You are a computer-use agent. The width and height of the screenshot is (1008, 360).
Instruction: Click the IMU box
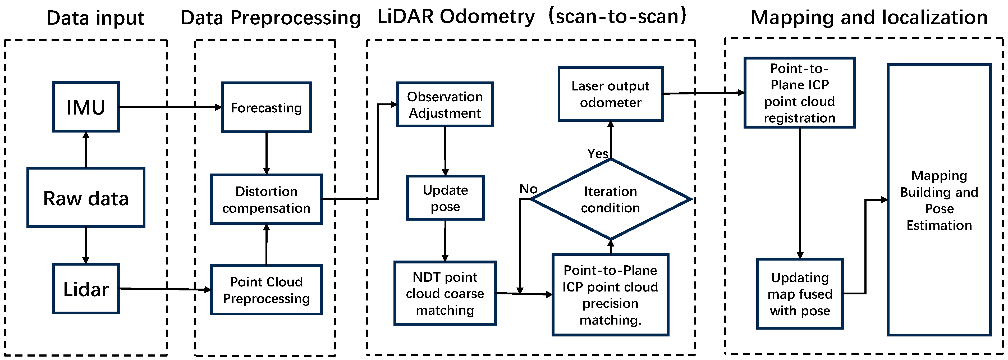[86, 107]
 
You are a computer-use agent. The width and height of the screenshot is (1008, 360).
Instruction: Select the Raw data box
[86, 198]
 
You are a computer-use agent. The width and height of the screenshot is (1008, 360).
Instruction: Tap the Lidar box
[86, 289]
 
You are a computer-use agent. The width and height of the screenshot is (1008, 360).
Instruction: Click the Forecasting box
[266, 107]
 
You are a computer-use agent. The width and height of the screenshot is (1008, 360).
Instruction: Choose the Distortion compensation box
[266, 199]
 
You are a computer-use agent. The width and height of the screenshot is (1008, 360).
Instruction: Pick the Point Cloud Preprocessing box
[266, 290]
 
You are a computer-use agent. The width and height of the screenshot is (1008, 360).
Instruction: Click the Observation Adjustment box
[445, 104]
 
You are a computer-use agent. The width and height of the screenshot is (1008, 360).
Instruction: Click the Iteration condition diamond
[611, 199]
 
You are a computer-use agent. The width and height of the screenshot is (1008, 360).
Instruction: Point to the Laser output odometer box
[611, 94]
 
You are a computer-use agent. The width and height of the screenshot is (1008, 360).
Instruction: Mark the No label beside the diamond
[528, 189]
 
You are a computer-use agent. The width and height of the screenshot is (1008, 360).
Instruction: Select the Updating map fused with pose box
[800, 294]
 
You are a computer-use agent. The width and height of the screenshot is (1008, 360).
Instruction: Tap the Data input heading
[95, 18]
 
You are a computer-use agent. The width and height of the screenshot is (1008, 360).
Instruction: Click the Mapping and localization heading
[869, 18]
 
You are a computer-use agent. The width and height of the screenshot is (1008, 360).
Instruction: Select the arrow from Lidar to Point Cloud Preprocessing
[164, 289]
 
